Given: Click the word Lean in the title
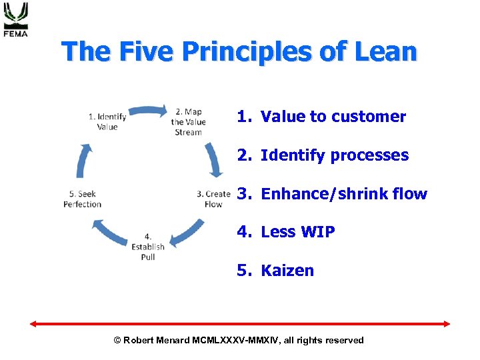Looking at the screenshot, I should (x=387, y=51).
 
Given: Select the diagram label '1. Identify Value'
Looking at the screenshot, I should (x=107, y=122).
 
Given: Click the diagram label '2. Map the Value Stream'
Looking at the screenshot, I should (x=188, y=122).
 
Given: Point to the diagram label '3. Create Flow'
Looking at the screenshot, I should (x=213, y=199).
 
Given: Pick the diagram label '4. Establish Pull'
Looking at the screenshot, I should (x=148, y=247).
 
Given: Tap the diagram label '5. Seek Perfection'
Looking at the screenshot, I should (x=83, y=199).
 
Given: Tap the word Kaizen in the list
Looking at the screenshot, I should (x=287, y=271).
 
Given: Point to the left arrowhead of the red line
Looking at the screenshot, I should (x=33, y=324).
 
